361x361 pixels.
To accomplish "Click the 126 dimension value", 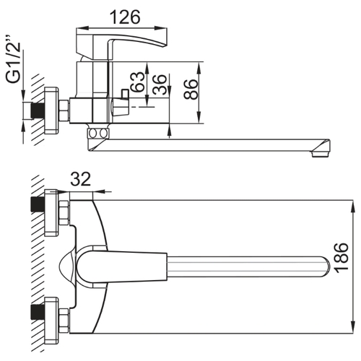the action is click(x=125, y=17).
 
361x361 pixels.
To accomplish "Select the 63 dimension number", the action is click(x=138, y=82).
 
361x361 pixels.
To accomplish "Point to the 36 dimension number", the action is click(x=160, y=84).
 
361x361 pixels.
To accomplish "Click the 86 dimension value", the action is click(x=191, y=89).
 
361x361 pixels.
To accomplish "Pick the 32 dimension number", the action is click(x=81, y=179).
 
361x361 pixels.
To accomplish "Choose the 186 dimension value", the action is click(x=342, y=258).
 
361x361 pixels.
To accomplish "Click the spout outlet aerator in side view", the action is click(x=321, y=154).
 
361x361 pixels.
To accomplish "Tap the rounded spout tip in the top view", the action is click(x=327, y=266).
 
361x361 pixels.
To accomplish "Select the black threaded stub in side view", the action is click(x=38, y=110).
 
